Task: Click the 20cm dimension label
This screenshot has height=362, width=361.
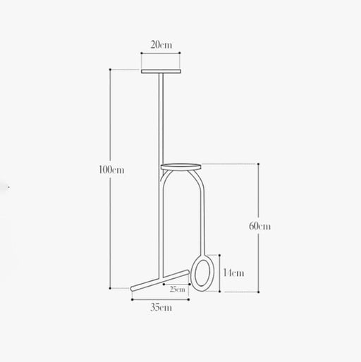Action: point(161,46)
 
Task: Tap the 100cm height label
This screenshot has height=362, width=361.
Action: point(112,169)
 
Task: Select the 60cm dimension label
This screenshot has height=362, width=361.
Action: point(259,226)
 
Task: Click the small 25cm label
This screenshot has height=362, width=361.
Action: point(177,288)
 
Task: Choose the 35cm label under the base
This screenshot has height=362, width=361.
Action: point(161,308)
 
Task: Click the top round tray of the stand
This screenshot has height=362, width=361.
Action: point(161,71)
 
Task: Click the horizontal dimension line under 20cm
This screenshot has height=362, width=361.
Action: point(161,52)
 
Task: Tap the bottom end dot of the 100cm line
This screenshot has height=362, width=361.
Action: point(111,287)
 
